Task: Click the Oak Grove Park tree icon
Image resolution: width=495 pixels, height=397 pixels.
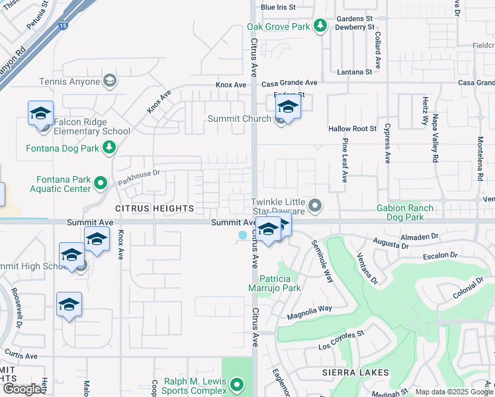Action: coord(320,26)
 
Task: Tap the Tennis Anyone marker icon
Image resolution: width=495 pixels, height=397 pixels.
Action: coord(110,81)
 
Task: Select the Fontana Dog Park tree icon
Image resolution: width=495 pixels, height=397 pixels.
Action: coord(110,148)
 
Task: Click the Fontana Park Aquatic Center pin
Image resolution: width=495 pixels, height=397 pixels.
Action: coord(101,182)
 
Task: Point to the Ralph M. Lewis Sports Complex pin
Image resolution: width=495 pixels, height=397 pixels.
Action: coord(237,382)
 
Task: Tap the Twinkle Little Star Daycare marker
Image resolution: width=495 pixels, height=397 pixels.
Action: coord(315,206)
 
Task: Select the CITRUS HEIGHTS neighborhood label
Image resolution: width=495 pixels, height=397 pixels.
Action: coord(154,208)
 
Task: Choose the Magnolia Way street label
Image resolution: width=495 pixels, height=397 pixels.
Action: coord(309,312)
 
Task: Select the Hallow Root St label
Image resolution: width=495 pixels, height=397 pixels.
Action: coord(352,128)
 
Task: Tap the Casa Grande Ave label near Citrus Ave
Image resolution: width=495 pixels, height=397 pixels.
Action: coord(289,83)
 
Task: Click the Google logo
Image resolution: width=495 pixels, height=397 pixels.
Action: coord(22,389)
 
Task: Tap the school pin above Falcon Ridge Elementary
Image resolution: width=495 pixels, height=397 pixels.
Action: coord(40,112)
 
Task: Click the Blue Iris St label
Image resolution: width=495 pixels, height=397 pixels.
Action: coord(277,7)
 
